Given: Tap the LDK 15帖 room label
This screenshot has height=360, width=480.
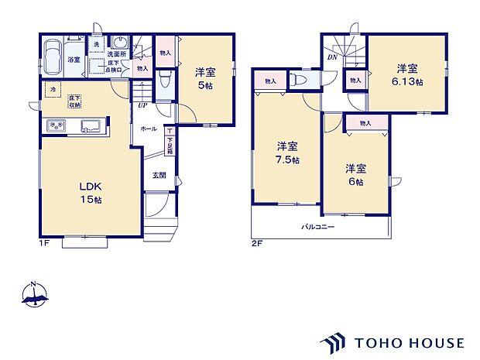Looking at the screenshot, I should coord(89,194).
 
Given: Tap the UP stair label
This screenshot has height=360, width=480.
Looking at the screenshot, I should coord(142,105).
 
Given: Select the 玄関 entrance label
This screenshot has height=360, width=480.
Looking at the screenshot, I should coord(159,174).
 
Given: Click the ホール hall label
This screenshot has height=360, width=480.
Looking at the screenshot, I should coord(149,129).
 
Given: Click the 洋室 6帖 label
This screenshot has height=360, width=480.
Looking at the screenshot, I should coord(355,174).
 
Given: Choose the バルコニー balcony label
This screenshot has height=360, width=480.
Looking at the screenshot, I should coord(318,227).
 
